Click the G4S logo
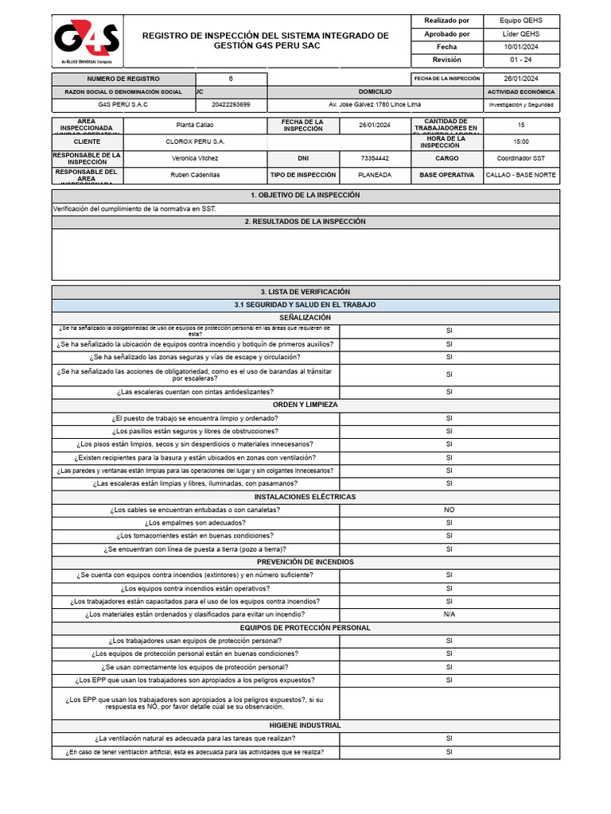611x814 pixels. click(86, 42)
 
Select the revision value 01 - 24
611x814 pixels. click(520, 60)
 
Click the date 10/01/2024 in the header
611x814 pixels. click(520, 47)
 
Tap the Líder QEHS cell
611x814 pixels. click(520, 34)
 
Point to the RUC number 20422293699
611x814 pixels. click(232, 104)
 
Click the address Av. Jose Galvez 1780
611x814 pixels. click(375, 104)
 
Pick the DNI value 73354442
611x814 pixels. click(375, 158)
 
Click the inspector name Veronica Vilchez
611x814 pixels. click(194, 158)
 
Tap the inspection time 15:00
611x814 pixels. click(521, 141)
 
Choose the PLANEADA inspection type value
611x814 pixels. click(375, 175)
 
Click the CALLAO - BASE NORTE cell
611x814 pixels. click(521, 175)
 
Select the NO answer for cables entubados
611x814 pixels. click(449, 510)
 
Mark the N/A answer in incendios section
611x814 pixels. click(449, 614)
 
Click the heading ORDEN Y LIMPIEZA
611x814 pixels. click(305, 405)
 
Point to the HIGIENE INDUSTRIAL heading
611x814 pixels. click(305, 725)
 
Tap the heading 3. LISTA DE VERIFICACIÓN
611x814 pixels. click(305, 292)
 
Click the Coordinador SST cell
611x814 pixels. click(521, 158)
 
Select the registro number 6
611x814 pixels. click(232, 79)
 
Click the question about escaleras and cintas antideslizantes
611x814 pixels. click(195, 392)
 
